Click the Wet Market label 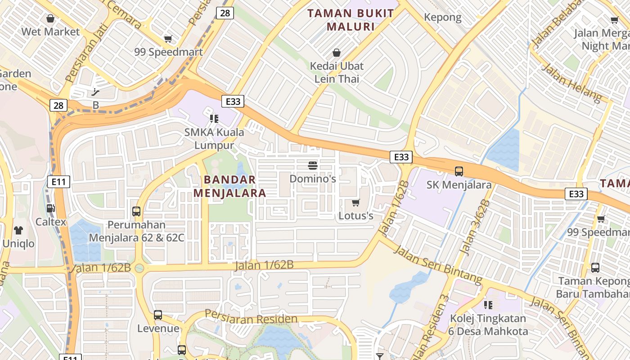[x=50, y=31]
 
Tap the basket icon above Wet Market [x=50, y=18]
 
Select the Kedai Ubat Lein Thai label [x=337, y=72]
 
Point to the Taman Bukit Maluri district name [x=351, y=20]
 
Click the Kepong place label [x=443, y=18]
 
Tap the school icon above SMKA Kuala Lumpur [x=214, y=119]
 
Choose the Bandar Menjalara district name [x=230, y=186]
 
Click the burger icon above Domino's [x=313, y=165]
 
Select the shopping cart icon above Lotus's [x=355, y=202]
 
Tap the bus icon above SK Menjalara [x=459, y=171]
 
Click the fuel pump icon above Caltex [x=51, y=208]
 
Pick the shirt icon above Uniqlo [x=18, y=230]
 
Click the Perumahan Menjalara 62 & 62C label [x=136, y=231]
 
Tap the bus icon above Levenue [x=158, y=315]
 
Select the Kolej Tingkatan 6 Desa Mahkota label [x=488, y=325]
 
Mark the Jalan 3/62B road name [x=474, y=228]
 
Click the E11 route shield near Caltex [x=58, y=182]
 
